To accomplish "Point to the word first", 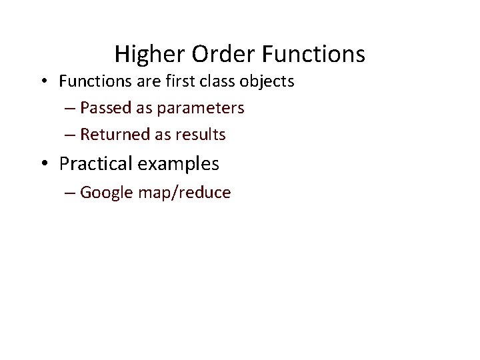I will click(x=174, y=81).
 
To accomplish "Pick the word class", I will click(x=214, y=81).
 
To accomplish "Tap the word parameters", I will click(x=201, y=109).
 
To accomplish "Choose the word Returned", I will click(x=115, y=135).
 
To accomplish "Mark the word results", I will click(x=201, y=135).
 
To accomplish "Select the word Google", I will click(x=107, y=193).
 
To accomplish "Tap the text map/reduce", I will click(x=185, y=193).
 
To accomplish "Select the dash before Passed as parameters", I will click(x=71, y=109).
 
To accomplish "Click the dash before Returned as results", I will click(x=71, y=135).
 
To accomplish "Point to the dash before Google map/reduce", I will click(x=71, y=194).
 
